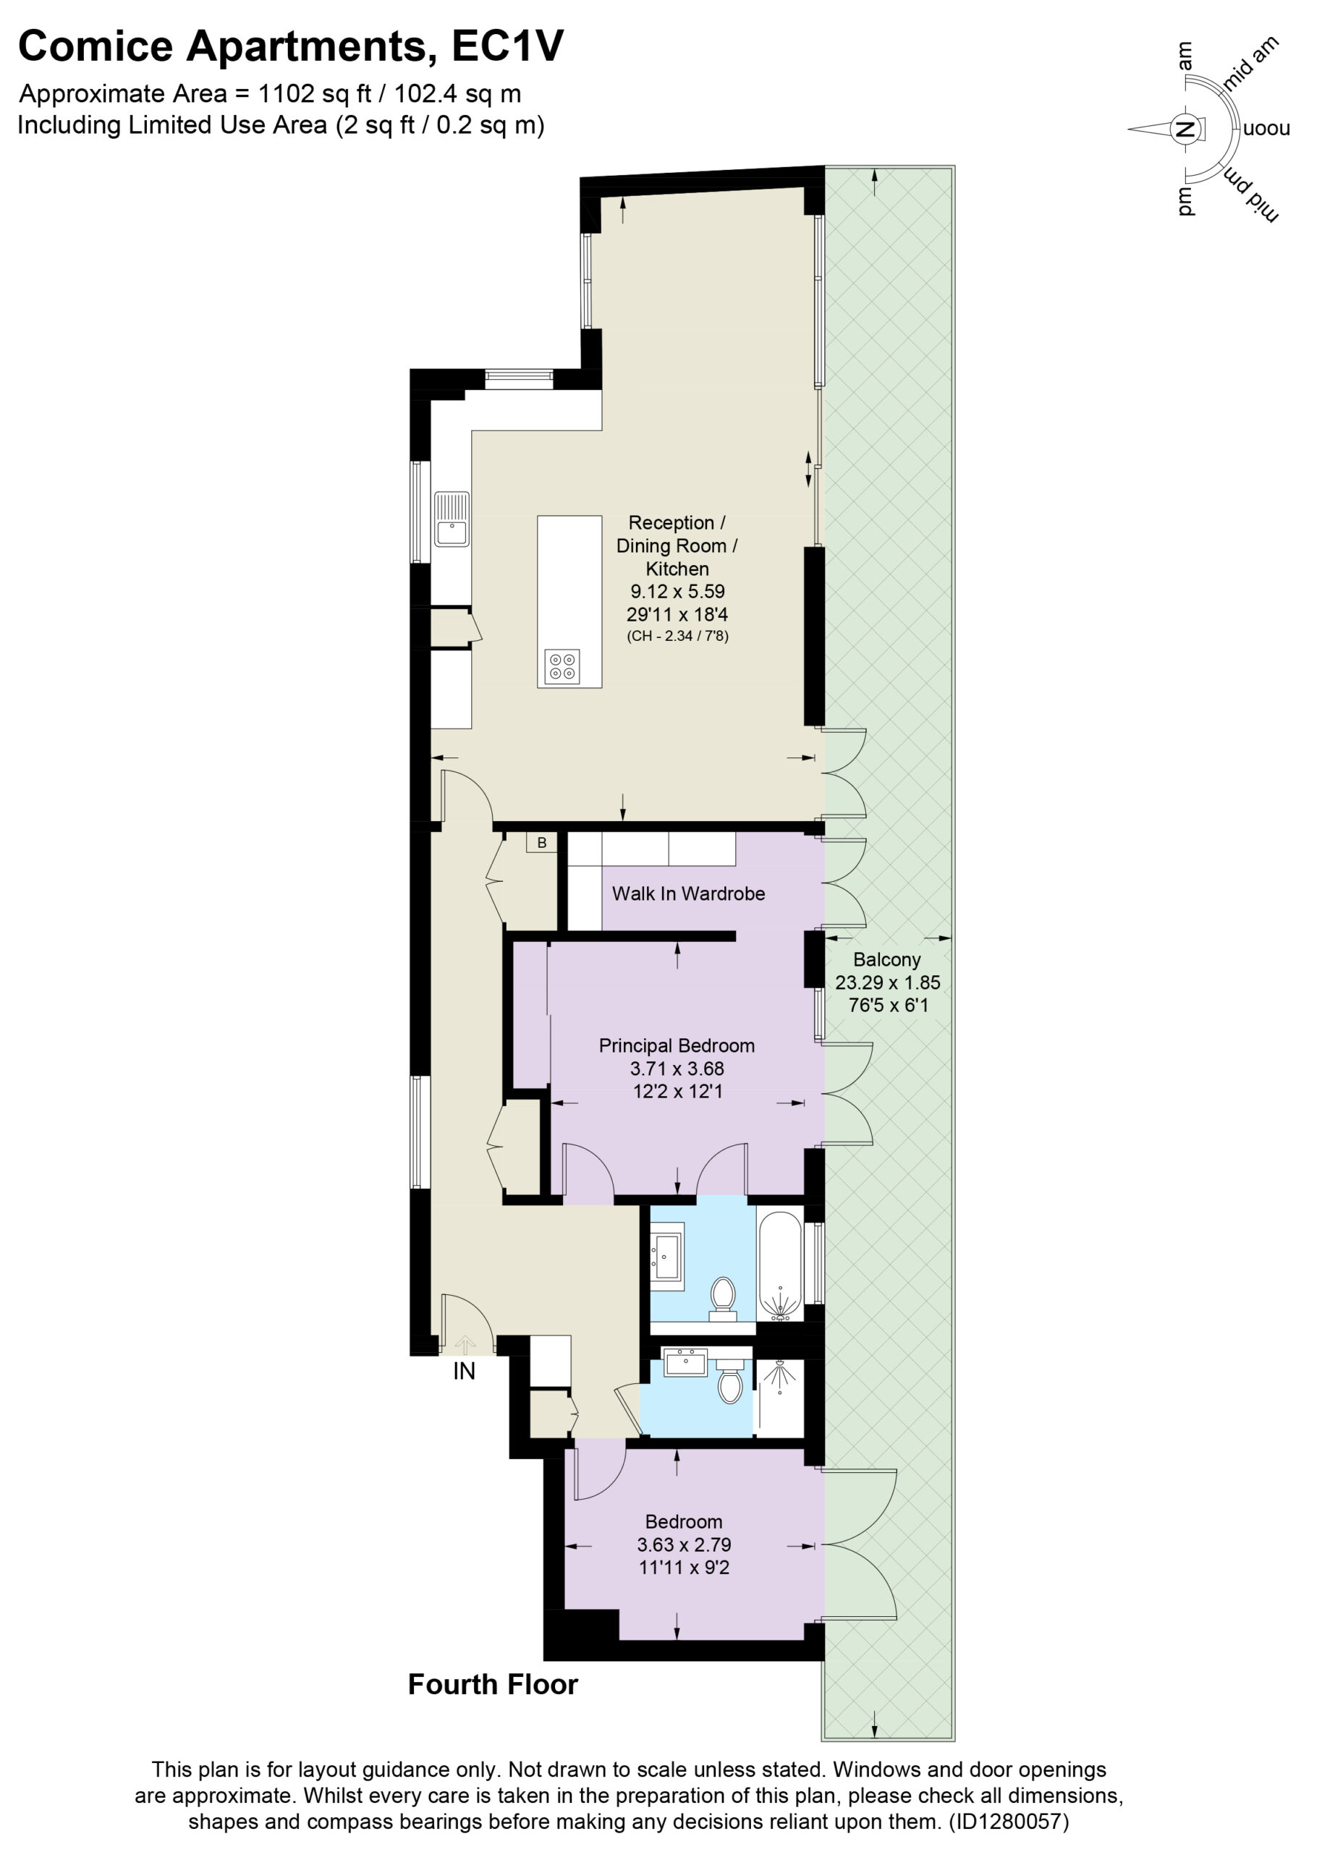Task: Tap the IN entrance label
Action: click(464, 1371)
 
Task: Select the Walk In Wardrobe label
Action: click(688, 893)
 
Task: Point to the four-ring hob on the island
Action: click(562, 666)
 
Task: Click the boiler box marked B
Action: click(541, 843)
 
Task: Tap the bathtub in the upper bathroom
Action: click(779, 1267)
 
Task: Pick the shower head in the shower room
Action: click(780, 1374)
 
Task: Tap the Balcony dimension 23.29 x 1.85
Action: click(887, 982)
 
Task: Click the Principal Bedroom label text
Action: click(677, 1045)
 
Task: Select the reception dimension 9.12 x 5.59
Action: click(677, 591)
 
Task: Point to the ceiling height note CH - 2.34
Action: click(677, 635)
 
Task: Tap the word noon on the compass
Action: click(1266, 129)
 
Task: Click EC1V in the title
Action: click(507, 46)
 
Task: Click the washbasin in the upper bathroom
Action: click(667, 1257)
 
